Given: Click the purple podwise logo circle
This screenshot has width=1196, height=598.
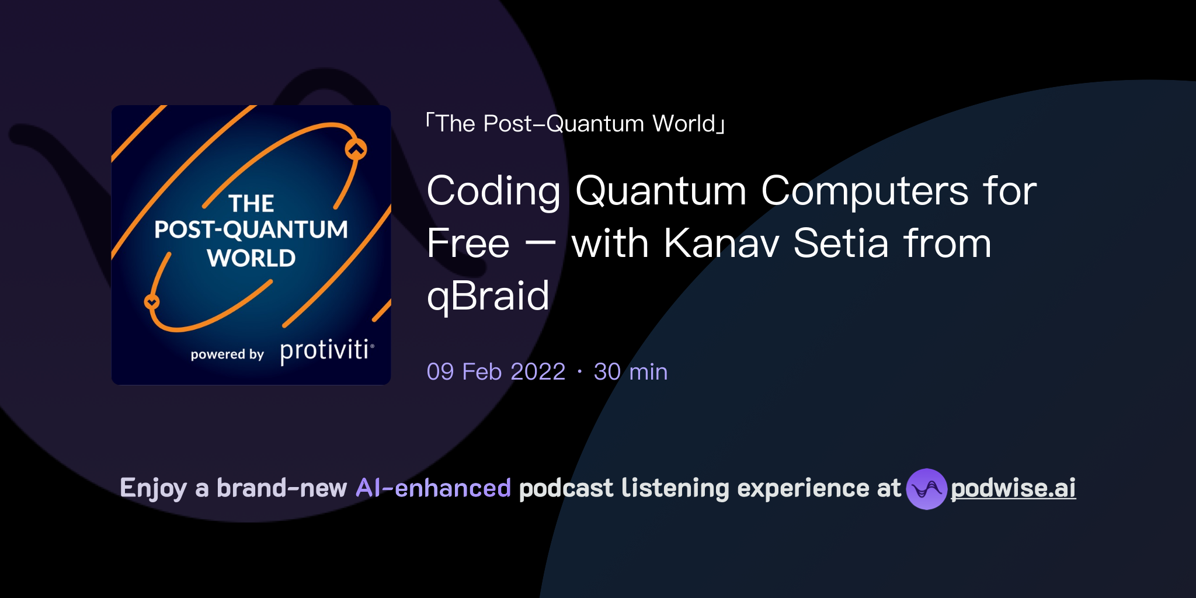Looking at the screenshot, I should [x=926, y=489].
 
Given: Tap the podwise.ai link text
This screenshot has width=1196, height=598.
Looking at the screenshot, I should [x=1013, y=488].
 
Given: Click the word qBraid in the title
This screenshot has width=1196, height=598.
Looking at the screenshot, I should [x=488, y=296].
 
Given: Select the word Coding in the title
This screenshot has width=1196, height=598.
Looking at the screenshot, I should [x=493, y=192].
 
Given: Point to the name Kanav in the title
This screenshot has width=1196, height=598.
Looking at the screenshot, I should [x=721, y=244].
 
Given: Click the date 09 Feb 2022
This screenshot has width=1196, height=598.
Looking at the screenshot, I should [x=496, y=372].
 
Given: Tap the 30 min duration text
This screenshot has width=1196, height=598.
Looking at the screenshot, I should [x=630, y=372].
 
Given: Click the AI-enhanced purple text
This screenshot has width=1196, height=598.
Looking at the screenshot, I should [x=433, y=488].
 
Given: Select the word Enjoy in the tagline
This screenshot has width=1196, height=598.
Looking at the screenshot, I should [x=153, y=488].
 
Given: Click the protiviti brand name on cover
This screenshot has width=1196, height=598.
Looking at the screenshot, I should [x=325, y=350].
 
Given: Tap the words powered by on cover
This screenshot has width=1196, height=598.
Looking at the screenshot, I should [x=227, y=354].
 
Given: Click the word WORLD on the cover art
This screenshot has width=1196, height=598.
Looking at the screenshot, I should [x=251, y=258].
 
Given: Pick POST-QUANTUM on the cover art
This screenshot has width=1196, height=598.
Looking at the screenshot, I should [x=251, y=230].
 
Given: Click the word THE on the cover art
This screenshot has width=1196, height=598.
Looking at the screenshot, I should [x=251, y=204].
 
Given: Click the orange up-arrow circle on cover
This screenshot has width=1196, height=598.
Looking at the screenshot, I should [x=356, y=149].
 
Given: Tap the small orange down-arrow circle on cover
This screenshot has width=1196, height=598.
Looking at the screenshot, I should [x=152, y=302].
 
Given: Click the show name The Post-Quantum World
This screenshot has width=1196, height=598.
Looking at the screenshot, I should [x=575, y=124].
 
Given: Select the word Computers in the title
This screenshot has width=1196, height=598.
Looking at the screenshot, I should [x=864, y=192].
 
